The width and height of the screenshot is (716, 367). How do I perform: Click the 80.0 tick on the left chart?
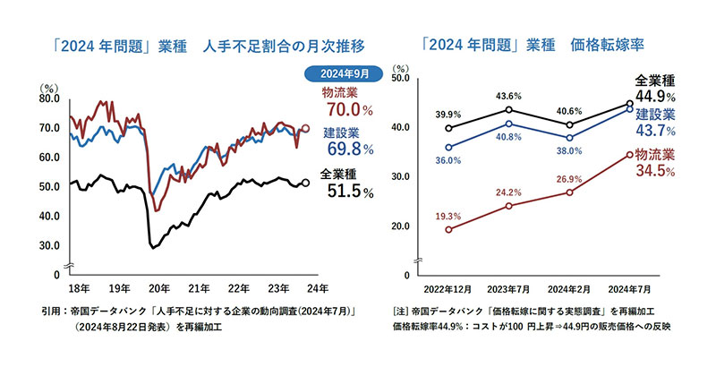point(50,98)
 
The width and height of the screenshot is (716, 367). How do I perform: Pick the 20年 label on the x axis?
point(159,288)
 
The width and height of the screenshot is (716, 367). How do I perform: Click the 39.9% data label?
point(447,115)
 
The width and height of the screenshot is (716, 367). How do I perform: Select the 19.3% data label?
point(447,216)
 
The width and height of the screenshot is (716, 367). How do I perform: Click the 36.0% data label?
point(447,160)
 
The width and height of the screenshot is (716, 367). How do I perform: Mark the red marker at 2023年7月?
point(508,206)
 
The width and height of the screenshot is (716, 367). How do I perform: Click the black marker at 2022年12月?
point(447,128)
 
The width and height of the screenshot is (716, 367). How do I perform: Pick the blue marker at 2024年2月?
point(569,138)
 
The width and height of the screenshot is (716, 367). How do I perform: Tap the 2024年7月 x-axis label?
point(630,289)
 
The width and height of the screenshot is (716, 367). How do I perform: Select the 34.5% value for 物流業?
point(654,171)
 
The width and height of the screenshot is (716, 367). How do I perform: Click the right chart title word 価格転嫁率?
point(608,44)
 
